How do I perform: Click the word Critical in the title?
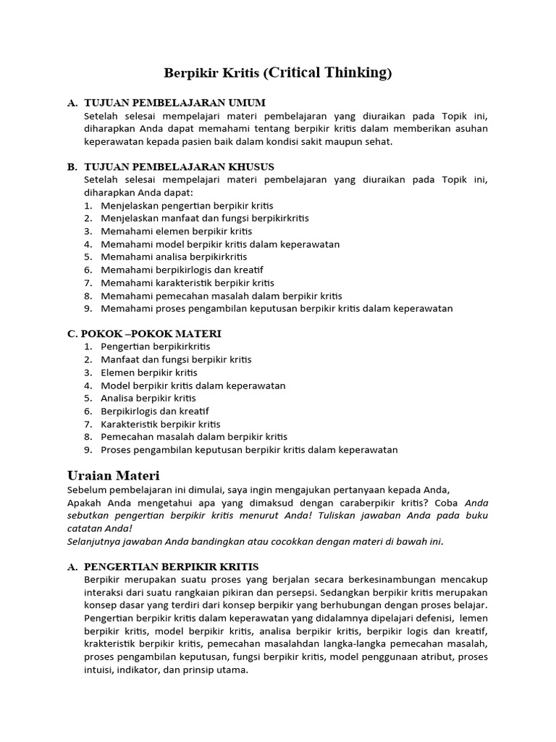pos(298,72)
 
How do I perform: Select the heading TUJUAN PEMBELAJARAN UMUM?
pos(174,103)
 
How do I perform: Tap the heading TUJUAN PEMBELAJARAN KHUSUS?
pos(179,167)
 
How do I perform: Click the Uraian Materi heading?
pos(113,475)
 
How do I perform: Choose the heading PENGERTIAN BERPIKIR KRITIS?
pos(171,566)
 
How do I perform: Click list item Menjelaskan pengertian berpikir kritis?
pos(187,206)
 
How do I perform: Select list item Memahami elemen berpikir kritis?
pos(176,231)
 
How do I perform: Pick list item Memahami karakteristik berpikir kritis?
pos(188,283)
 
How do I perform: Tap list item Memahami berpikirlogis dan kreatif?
pos(185,270)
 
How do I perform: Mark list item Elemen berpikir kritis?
pos(148,372)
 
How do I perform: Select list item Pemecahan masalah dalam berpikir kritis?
pos(193,436)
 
